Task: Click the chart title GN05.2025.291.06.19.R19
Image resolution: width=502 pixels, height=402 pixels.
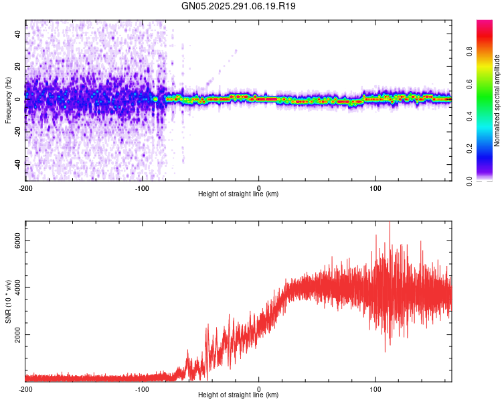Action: tap(239, 6)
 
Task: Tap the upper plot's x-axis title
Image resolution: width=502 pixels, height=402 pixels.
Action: tap(238, 194)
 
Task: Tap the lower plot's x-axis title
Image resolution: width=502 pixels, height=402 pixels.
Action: tap(238, 395)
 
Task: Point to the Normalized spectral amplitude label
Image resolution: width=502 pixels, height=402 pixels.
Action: tap(497, 100)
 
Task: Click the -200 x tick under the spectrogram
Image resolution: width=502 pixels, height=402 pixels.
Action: tap(25, 188)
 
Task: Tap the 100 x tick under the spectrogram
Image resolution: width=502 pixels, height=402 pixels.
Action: tap(375, 188)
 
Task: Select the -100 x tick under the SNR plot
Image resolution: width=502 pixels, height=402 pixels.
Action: tap(142, 389)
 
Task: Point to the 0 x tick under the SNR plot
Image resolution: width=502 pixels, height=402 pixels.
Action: tap(259, 389)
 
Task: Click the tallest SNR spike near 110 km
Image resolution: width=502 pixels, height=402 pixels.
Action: tap(390, 224)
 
